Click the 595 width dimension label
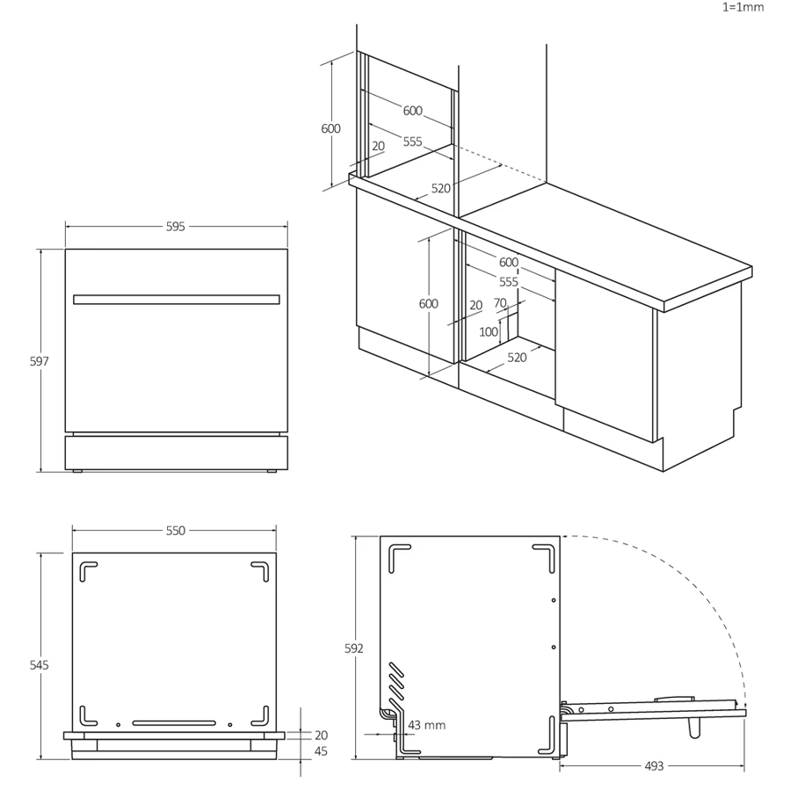click(x=176, y=227)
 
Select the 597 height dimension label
click(x=40, y=361)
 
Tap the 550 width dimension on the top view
click(x=176, y=531)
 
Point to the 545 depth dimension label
click(x=40, y=665)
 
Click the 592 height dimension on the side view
click(x=353, y=649)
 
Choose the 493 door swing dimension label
click(x=654, y=766)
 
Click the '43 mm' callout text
click(x=427, y=725)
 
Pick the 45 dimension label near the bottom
click(x=321, y=751)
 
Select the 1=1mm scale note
click(x=743, y=7)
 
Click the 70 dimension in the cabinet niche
click(x=500, y=303)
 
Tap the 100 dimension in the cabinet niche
click(x=489, y=331)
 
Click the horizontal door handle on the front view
click(x=177, y=300)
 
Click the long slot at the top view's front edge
click(x=174, y=723)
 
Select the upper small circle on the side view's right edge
click(x=554, y=600)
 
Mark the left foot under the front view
click(x=77, y=471)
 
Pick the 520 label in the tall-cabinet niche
click(x=440, y=188)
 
